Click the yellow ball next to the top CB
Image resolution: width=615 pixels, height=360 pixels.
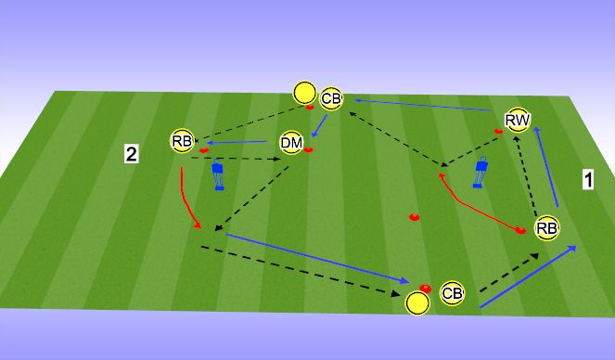[x=303, y=92]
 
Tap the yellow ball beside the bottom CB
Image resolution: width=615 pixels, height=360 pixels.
[x=417, y=302]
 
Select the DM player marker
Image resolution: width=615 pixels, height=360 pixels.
[x=291, y=143]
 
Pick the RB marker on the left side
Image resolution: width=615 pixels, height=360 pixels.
[x=182, y=141]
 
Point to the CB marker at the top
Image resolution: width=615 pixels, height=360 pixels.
[x=331, y=97]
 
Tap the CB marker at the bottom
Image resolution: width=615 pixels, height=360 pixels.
[x=452, y=293]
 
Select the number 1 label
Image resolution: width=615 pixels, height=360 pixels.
[x=587, y=180]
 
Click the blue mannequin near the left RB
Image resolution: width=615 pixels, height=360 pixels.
[x=219, y=174]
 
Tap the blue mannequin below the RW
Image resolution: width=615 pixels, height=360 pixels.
[x=480, y=174]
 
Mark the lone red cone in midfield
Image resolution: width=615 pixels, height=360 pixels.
[x=414, y=218]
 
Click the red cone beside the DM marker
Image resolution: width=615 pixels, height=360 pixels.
[x=309, y=148]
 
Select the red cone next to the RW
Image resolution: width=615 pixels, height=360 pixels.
[x=498, y=132]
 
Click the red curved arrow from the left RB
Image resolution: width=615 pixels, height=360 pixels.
[x=186, y=199]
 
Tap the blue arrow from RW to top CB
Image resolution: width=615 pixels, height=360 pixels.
[x=427, y=105]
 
